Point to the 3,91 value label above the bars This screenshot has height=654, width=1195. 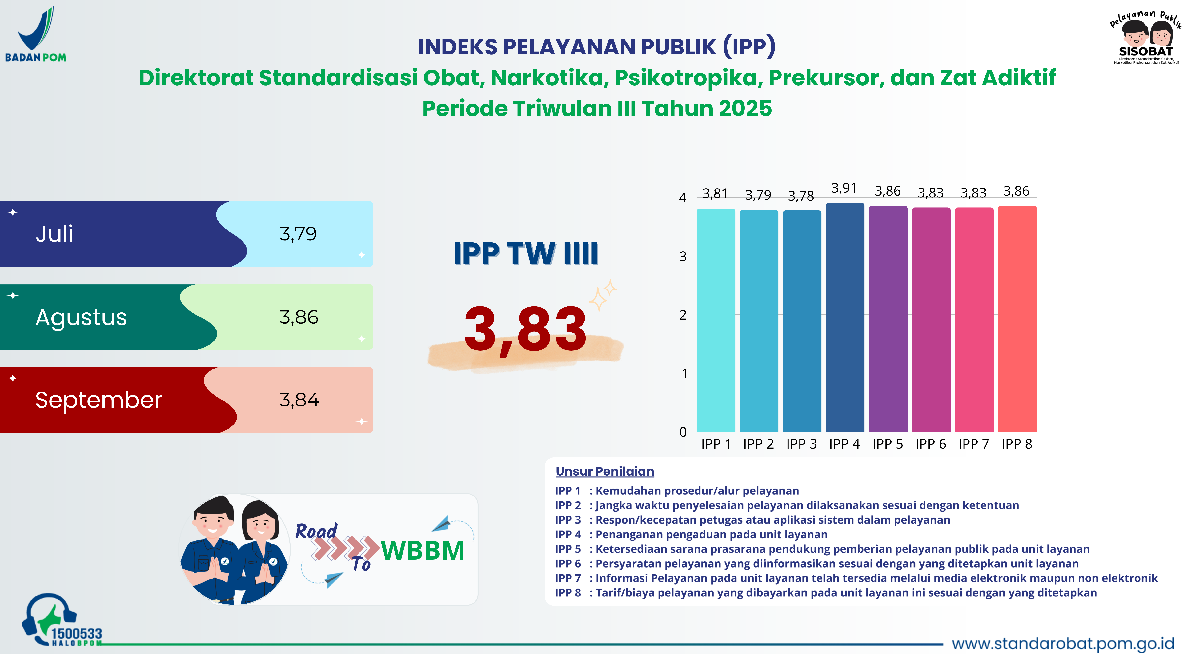pos(843,188)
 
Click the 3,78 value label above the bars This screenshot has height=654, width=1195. pos(801,196)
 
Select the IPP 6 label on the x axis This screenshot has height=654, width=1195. pos(931,444)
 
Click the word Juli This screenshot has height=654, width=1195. pos(54,234)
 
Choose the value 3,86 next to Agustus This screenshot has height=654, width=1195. pos(299,317)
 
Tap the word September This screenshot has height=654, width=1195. pos(98,400)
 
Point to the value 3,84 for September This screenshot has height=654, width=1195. pos(299,400)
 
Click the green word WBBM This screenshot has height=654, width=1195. pos(423,551)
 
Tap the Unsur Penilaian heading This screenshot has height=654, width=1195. pos(604,471)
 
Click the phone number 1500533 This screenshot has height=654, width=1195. pos(77,634)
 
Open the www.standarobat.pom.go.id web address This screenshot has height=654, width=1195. pos(1062,643)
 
